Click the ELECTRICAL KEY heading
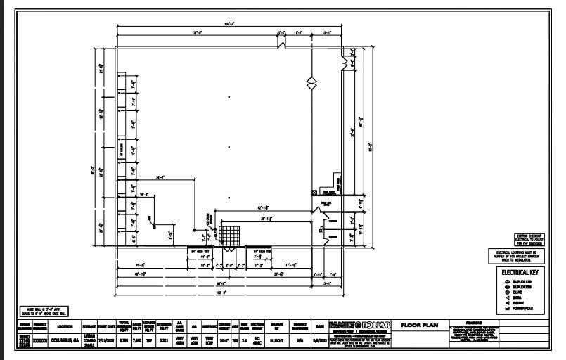[x=520, y=271]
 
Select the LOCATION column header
[x=65, y=326]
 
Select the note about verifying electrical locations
[x=517, y=255]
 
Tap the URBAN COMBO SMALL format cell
[x=89, y=339]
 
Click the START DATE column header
[x=107, y=326]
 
